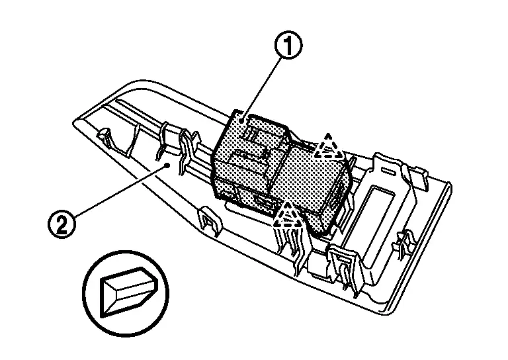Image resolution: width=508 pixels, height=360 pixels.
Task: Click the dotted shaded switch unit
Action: pos(278,172)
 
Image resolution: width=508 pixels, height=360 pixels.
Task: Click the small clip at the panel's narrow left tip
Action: pos(104,135)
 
